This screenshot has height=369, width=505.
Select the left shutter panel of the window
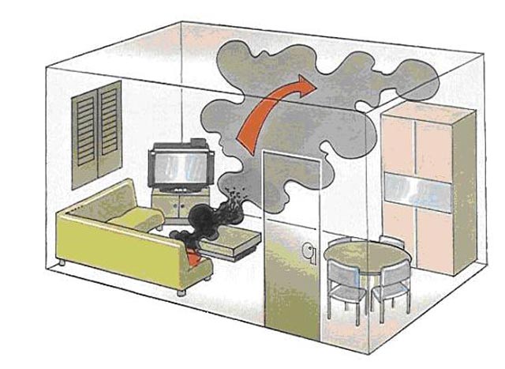click(84, 134)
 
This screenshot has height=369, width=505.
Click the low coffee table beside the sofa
click(237, 240)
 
